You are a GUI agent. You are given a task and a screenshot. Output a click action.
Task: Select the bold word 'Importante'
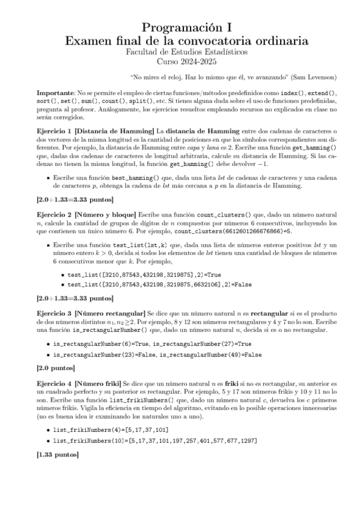[55, 94]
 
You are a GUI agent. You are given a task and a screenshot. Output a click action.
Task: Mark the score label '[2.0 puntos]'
[59, 367]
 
